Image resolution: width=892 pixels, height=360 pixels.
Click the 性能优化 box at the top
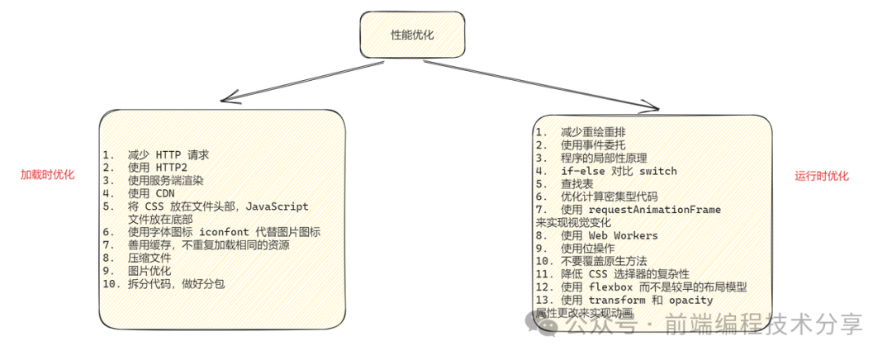click(x=411, y=36)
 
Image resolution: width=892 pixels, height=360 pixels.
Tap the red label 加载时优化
click(x=48, y=175)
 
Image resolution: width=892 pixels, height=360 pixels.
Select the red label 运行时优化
click(x=822, y=176)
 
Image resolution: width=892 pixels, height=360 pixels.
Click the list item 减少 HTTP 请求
click(x=168, y=154)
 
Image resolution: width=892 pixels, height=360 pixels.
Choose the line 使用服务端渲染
click(x=165, y=181)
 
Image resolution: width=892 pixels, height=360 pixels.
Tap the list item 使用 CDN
click(x=152, y=194)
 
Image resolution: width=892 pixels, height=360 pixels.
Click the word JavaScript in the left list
click(x=277, y=207)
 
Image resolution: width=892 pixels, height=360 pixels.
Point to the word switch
click(x=658, y=171)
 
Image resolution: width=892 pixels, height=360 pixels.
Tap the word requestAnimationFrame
click(x=654, y=210)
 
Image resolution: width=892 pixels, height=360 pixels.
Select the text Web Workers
click(x=623, y=235)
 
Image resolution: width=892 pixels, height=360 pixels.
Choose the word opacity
click(x=690, y=301)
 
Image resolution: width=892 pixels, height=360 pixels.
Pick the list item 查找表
click(x=578, y=184)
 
